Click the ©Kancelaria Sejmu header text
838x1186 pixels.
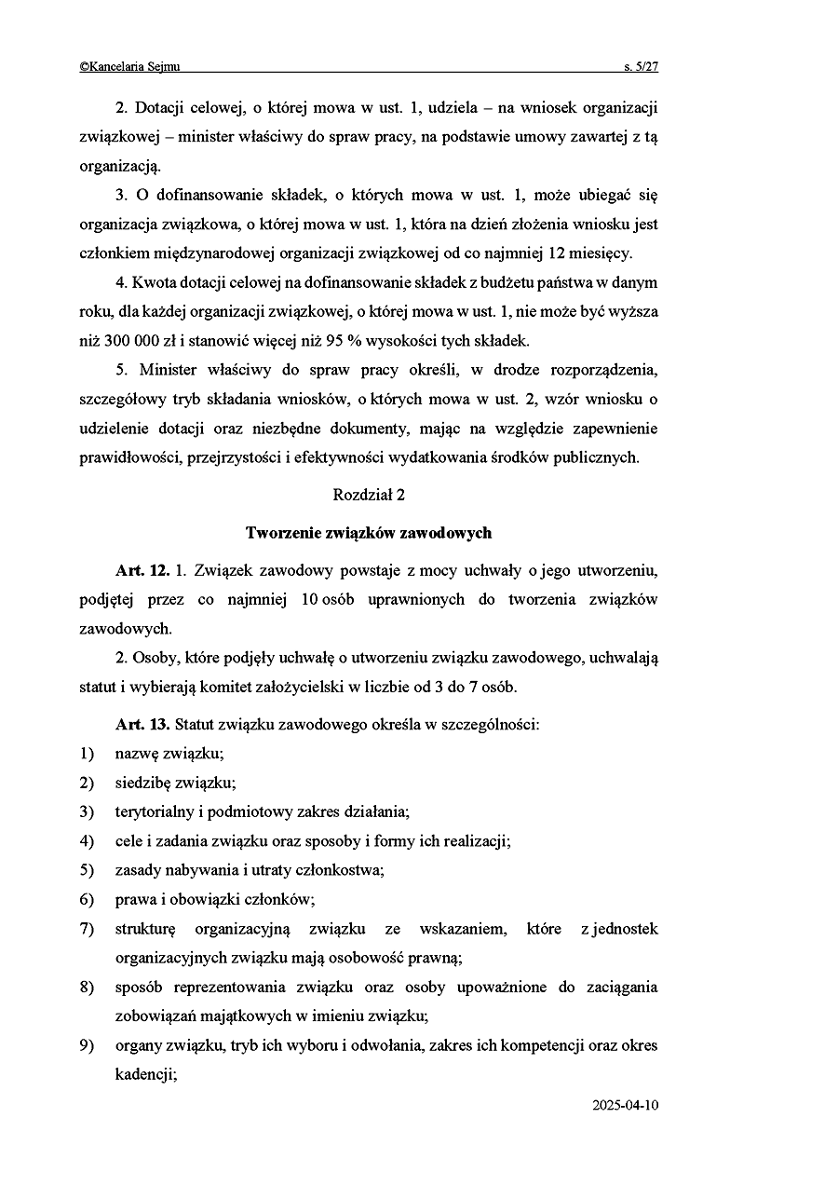click(129, 67)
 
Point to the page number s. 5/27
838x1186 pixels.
click(641, 67)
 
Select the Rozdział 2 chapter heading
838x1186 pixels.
click(369, 495)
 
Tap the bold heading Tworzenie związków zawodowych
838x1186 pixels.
click(369, 533)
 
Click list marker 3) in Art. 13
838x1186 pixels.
click(87, 811)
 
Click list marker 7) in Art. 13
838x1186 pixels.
click(87, 929)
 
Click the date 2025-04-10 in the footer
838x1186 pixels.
click(625, 1106)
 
